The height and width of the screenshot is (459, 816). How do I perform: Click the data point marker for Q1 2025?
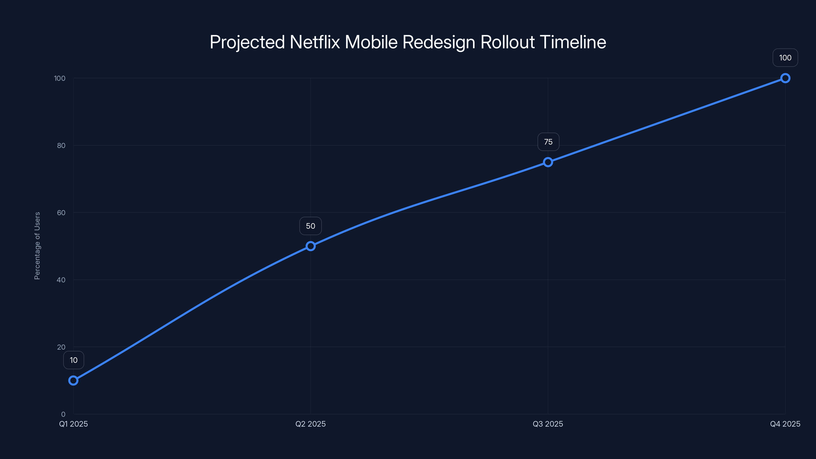point(73,380)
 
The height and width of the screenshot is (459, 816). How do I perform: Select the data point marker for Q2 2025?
point(310,246)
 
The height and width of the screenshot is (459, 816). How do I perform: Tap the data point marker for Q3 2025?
point(548,162)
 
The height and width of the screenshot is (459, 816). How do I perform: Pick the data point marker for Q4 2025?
point(785,78)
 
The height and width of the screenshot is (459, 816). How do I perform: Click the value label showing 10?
point(73,360)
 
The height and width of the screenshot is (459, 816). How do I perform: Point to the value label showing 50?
point(310,226)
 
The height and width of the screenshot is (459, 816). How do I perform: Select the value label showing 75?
point(548,142)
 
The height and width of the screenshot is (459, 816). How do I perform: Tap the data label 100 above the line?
point(785,58)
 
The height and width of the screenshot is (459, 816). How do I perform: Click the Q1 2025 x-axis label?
point(73,424)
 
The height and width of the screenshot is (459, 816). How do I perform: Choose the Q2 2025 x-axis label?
point(310,424)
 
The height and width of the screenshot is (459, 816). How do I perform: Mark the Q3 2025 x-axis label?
point(548,424)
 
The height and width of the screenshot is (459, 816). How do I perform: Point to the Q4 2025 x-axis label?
point(785,424)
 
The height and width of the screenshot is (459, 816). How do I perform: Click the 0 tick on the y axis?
point(63,414)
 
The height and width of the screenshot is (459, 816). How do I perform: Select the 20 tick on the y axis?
point(61,347)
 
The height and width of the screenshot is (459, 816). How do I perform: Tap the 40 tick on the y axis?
point(61,280)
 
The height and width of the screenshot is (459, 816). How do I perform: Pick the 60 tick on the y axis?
point(61,213)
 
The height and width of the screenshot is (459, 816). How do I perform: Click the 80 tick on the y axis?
point(61,146)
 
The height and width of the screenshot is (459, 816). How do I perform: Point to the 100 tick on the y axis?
point(60,79)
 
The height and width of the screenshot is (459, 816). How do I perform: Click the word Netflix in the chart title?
point(315,42)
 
